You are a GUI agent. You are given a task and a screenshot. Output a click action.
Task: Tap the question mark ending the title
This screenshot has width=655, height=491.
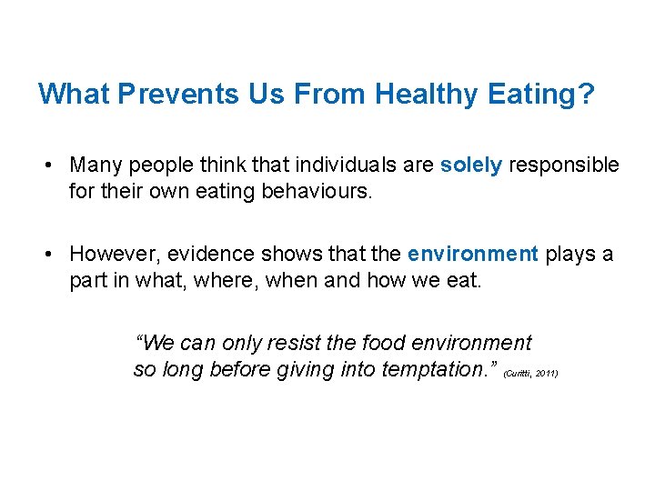point(586,94)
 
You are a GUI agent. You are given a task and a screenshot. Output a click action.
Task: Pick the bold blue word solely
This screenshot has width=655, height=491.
point(470,165)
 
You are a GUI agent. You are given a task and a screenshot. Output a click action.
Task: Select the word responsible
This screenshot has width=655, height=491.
point(564,165)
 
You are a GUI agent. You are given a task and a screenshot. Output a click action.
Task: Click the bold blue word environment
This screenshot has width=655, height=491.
point(473,254)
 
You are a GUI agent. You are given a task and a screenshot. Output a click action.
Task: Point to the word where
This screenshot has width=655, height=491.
point(214,281)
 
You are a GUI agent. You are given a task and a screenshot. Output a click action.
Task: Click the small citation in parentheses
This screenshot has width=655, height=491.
point(530,374)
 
